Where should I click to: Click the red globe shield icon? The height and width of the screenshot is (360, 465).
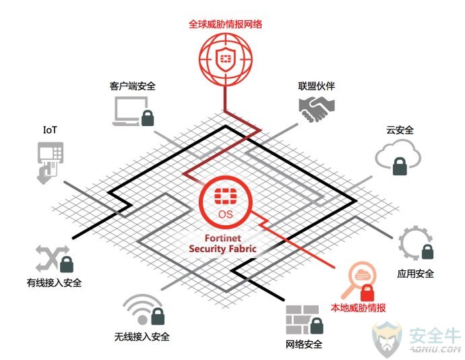pyautogui.click(x=225, y=59)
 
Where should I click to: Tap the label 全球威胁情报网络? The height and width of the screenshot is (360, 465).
pyautogui.click(x=225, y=24)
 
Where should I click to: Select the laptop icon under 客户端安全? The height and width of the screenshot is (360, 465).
pyautogui.click(x=131, y=111)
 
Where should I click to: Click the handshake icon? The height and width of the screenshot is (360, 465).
pyautogui.click(x=317, y=109)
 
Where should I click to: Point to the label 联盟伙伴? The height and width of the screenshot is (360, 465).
pyautogui.click(x=317, y=86)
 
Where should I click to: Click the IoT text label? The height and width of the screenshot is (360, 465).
pyautogui.click(x=50, y=130)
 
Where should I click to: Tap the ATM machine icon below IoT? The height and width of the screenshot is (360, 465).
pyautogui.click(x=50, y=162)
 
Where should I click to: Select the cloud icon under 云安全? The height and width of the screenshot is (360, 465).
pyautogui.click(x=398, y=154)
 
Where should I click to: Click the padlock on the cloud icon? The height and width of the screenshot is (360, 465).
pyautogui.click(x=400, y=167)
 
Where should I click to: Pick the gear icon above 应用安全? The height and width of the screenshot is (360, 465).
pyautogui.click(x=414, y=243)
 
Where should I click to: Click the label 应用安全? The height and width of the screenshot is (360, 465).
pyautogui.click(x=416, y=273)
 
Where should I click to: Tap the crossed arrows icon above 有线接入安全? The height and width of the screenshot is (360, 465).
pyautogui.click(x=51, y=258)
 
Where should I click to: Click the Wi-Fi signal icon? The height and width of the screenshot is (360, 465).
pyautogui.click(x=142, y=309)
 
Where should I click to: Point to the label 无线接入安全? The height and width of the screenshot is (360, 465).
pyautogui.click(x=142, y=336)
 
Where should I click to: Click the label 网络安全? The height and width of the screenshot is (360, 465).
pyautogui.click(x=304, y=344)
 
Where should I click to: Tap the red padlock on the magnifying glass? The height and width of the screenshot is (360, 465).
pyautogui.click(x=367, y=293)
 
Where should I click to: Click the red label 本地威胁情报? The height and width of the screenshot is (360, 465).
pyautogui.click(x=359, y=308)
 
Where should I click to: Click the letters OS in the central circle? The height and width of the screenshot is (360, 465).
pyautogui.click(x=225, y=214)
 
